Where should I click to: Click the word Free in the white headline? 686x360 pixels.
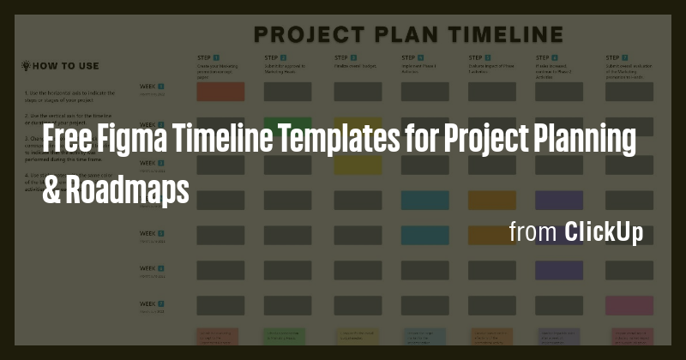(70, 141)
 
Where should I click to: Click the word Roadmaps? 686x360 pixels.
(129, 189)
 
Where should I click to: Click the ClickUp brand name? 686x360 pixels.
(604, 232)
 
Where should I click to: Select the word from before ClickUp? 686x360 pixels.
(532, 232)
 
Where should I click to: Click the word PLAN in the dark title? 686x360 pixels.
(400, 35)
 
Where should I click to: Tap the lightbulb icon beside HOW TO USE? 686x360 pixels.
(26, 65)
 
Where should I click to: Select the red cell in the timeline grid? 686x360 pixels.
(220, 91)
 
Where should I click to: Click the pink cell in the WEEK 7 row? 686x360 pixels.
(629, 305)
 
